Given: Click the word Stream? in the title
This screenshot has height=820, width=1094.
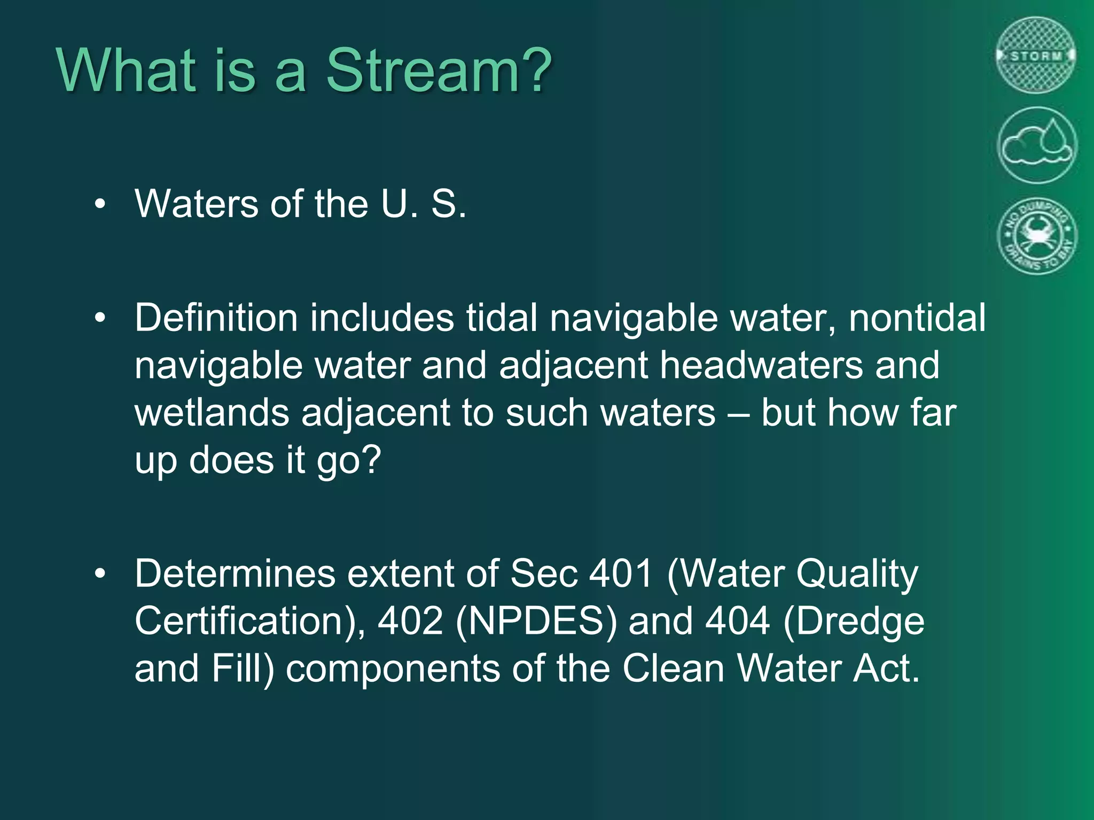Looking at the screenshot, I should pos(438,70).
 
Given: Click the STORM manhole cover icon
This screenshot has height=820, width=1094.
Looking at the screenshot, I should pos(1036,56).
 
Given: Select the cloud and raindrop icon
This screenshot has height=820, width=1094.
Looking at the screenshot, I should pos(1036,145).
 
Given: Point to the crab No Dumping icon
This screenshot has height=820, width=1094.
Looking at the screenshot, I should pos(1036,236).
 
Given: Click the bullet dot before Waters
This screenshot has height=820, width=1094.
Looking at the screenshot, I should pos(100,204).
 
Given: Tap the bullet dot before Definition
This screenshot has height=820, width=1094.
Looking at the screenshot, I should pos(100,318).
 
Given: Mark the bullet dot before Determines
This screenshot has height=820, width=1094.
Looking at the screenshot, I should pos(100,574).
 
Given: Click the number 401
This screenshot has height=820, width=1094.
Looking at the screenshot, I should pos(621,574).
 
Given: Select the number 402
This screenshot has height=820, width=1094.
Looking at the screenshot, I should pos(410,621).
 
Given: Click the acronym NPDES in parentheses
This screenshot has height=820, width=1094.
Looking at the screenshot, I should pos(536,621).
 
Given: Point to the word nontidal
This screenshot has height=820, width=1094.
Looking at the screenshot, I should pos(917,319).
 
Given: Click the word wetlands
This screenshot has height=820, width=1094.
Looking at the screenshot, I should pos(212,414).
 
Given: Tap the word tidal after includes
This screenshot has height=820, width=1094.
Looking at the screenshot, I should pos(502,319).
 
